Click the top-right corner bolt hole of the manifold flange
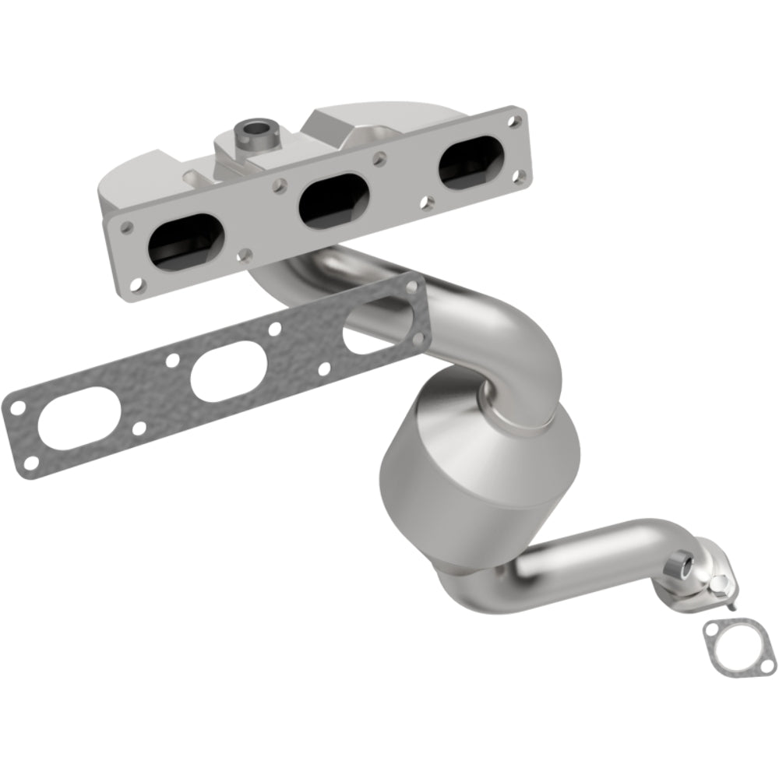click(513, 122)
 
